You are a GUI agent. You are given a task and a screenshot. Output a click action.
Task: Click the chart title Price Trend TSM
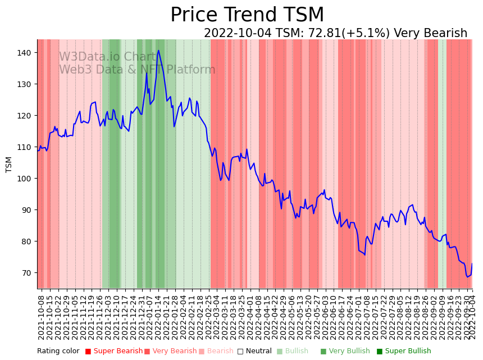pyautogui.click(x=247, y=15)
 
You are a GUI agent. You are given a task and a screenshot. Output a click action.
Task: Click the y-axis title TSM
pyautogui.click(x=9, y=164)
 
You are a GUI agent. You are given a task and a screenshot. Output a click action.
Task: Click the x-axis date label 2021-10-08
pyautogui.click(x=41, y=316)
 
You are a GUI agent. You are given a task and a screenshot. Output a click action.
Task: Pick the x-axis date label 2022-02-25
pyautogui.click(x=207, y=316)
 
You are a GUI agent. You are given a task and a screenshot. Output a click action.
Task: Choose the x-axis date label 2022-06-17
pyautogui.click(x=340, y=316)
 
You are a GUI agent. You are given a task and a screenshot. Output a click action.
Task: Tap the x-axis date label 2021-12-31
pyautogui.click(x=141, y=316)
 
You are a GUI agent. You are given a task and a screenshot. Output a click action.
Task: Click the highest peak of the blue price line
pyautogui.click(x=158, y=51)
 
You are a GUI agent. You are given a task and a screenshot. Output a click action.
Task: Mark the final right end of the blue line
pyautogui.click(x=472, y=263)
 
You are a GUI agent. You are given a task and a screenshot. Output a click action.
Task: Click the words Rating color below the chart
pyautogui.click(x=58, y=352)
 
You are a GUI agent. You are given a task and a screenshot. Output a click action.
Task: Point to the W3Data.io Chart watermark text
pyautogui.click(x=107, y=57)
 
